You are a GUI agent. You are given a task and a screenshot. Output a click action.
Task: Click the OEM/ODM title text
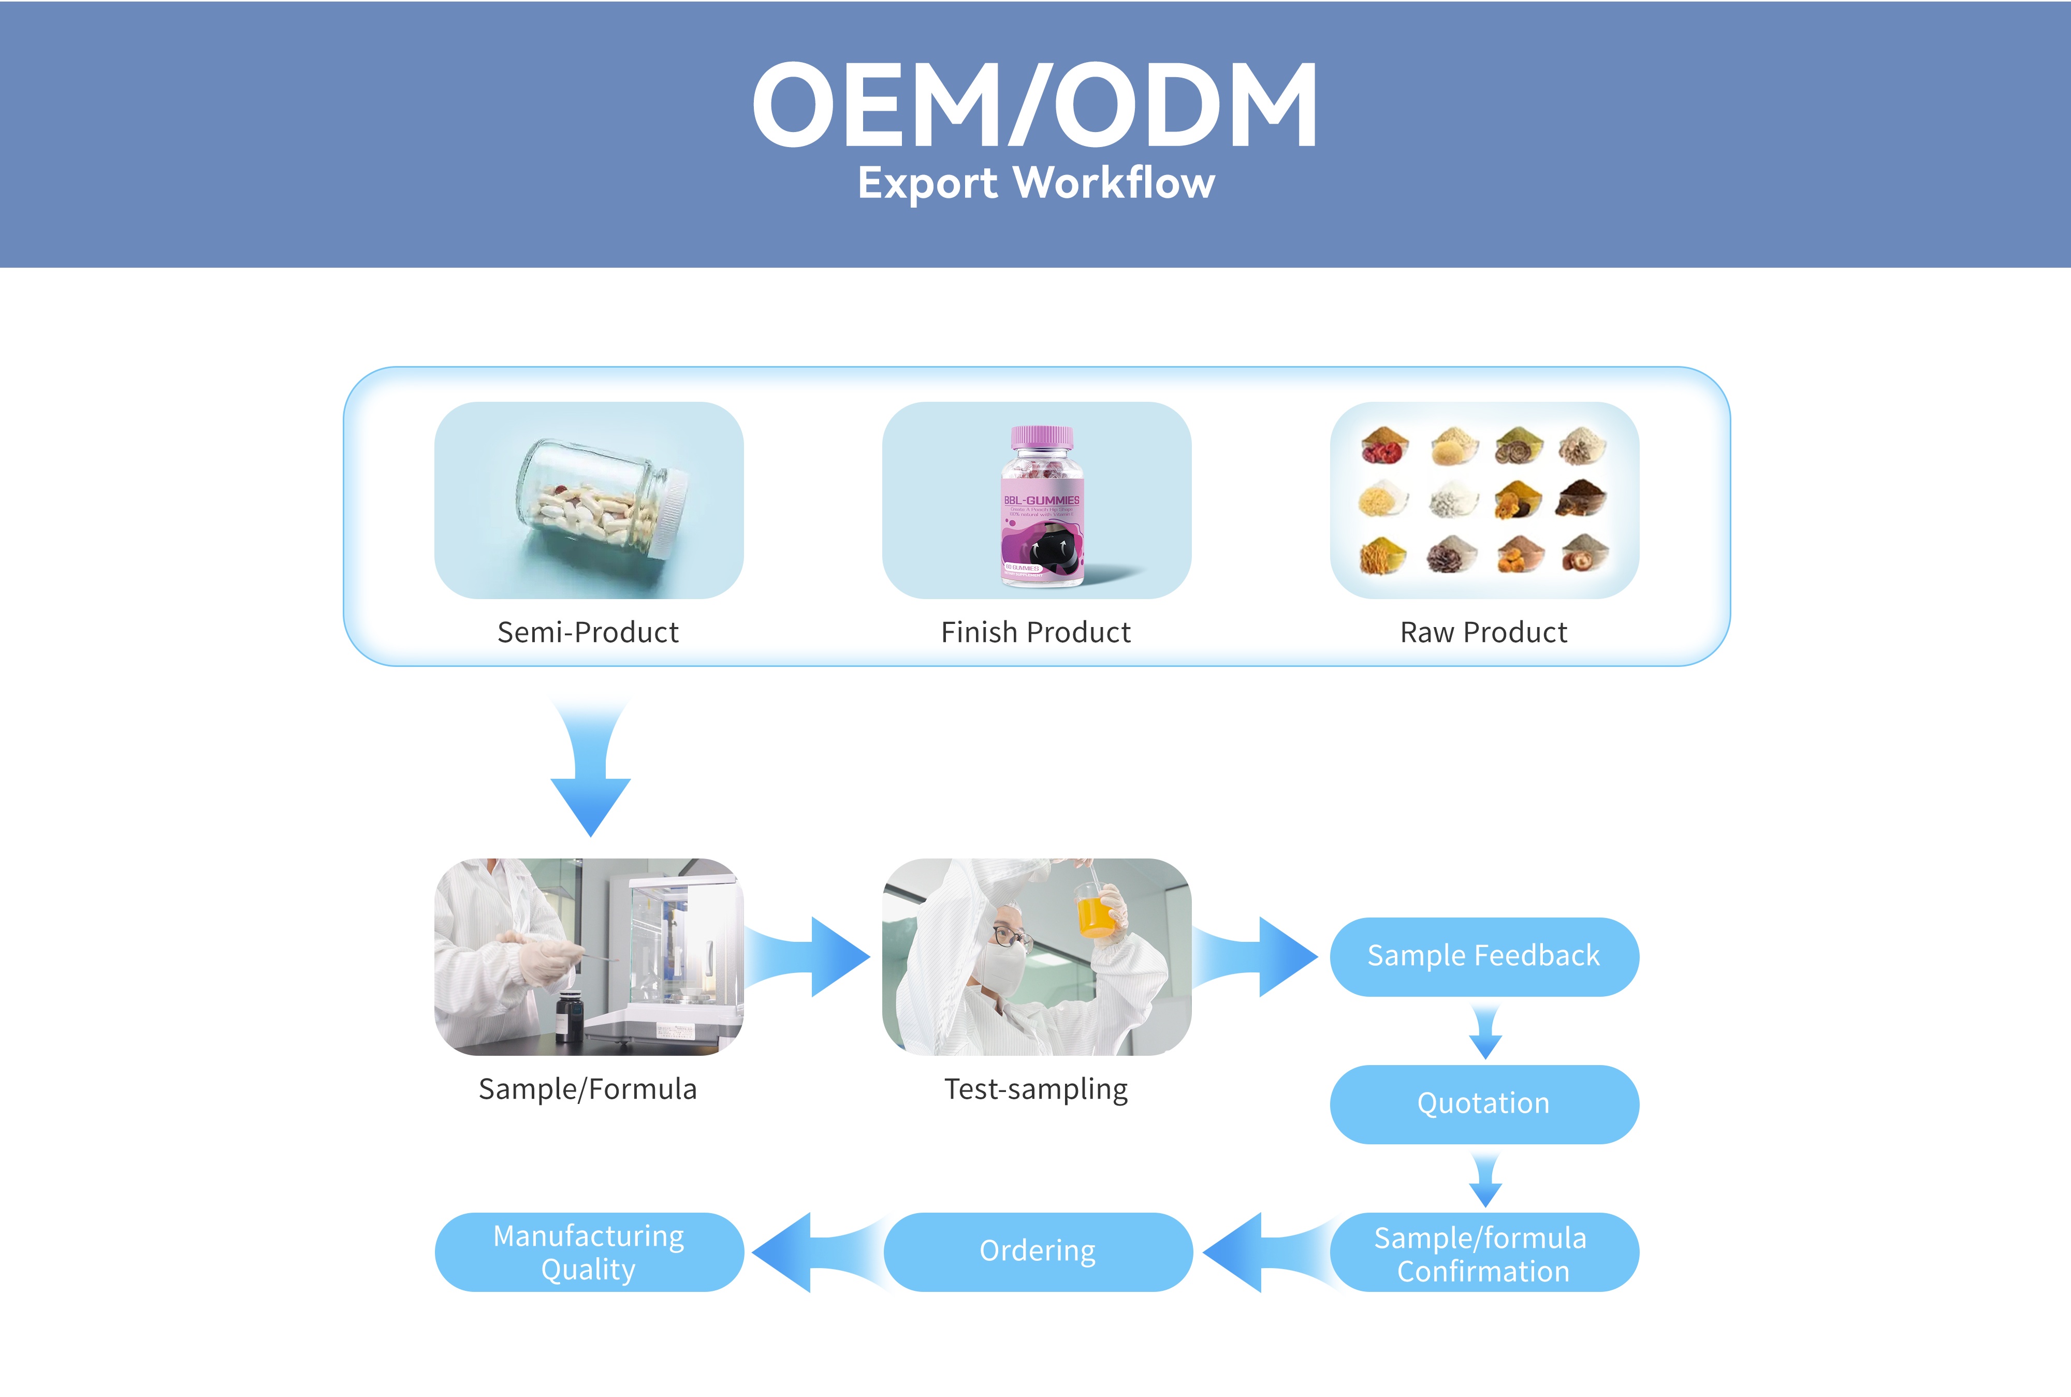1035,105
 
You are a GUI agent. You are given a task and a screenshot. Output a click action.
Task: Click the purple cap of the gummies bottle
1041,436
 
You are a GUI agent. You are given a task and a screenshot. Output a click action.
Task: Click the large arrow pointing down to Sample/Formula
591,775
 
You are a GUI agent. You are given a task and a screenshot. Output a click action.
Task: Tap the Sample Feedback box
1484,956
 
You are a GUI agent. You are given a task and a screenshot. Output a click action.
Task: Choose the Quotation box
1484,1104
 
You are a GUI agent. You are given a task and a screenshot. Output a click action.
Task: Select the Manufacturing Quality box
589,1252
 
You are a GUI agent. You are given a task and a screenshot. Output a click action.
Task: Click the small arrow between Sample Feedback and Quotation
1485,1032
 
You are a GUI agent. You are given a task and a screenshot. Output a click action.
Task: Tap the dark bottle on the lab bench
568,1016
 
